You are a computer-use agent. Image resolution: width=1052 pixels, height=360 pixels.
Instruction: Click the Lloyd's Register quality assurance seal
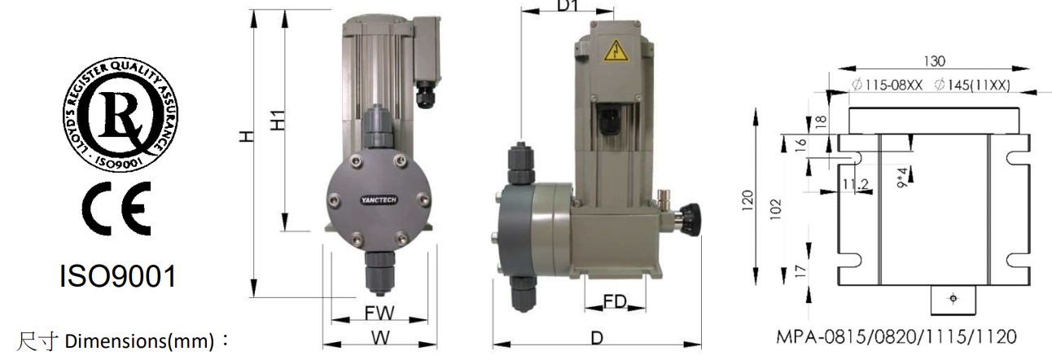click(x=121, y=114)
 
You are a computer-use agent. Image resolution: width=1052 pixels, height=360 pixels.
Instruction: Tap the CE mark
click(x=117, y=209)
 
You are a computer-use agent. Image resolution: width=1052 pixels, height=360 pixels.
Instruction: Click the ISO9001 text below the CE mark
click(x=117, y=276)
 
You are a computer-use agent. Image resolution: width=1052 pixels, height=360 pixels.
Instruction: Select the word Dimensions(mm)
click(x=139, y=341)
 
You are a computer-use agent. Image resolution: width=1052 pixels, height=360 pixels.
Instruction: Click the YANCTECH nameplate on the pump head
click(x=379, y=200)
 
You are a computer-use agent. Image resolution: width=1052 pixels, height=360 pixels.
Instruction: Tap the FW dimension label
click(x=379, y=313)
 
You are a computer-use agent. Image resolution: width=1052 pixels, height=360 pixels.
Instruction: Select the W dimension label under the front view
click(x=380, y=337)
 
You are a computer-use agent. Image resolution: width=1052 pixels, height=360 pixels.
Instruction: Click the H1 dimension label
click(x=278, y=121)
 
